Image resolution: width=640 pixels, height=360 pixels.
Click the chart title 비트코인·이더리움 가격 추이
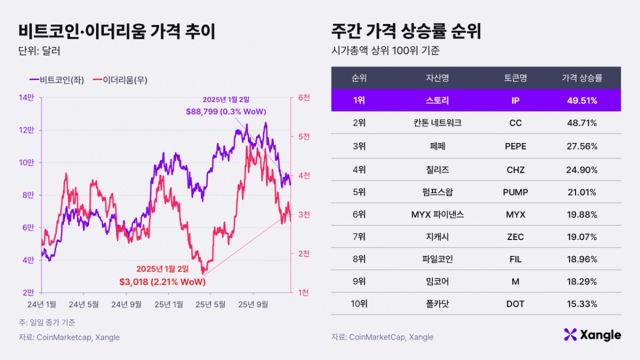[x=117, y=31]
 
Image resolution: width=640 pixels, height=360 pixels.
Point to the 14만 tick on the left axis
[x=27, y=98]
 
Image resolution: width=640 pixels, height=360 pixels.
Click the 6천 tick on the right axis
[x=304, y=98]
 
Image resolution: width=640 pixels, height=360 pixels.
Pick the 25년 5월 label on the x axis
[x=210, y=304]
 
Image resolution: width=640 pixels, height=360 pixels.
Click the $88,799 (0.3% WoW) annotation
[x=226, y=111]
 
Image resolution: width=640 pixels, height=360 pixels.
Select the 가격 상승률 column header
[x=582, y=78]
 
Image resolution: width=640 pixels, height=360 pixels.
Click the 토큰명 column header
[x=515, y=78]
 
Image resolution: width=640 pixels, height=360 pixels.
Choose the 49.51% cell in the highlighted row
[x=582, y=100]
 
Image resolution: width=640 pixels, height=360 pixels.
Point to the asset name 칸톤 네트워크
[x=437, y=123]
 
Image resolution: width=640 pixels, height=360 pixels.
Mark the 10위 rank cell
[x=358, y=303]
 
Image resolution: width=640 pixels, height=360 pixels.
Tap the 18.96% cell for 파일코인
[x=582, y=259]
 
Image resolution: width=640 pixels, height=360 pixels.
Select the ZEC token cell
[x=515, y=237]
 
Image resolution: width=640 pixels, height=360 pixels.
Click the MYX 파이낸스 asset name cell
[x=437, y=214]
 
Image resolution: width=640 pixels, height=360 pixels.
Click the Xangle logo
[x=592, y=335]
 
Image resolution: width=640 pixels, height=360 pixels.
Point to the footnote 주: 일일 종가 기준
[x=47, y=322]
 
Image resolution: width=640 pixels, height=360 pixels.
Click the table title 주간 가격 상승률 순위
[x=406, y=31]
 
